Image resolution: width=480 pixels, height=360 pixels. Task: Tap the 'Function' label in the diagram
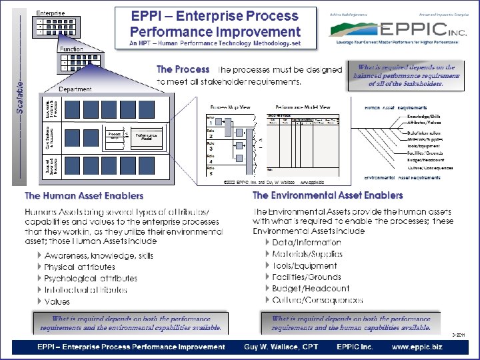coord(71,49)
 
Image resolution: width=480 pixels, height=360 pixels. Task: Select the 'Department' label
coord(75,89)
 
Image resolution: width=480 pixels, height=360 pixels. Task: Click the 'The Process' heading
coord(183,69)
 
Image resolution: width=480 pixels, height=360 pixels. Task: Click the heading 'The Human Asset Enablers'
coord(84,196)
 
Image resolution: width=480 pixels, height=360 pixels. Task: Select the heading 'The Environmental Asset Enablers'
coord(327,195)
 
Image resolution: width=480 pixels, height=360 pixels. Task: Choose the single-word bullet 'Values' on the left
coord(57,301)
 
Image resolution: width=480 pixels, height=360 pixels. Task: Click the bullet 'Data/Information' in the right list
coord(307,243)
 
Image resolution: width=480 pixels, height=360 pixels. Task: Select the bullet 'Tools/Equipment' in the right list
coord(305,265)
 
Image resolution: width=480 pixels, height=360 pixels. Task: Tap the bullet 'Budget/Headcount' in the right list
coord(311,289)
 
